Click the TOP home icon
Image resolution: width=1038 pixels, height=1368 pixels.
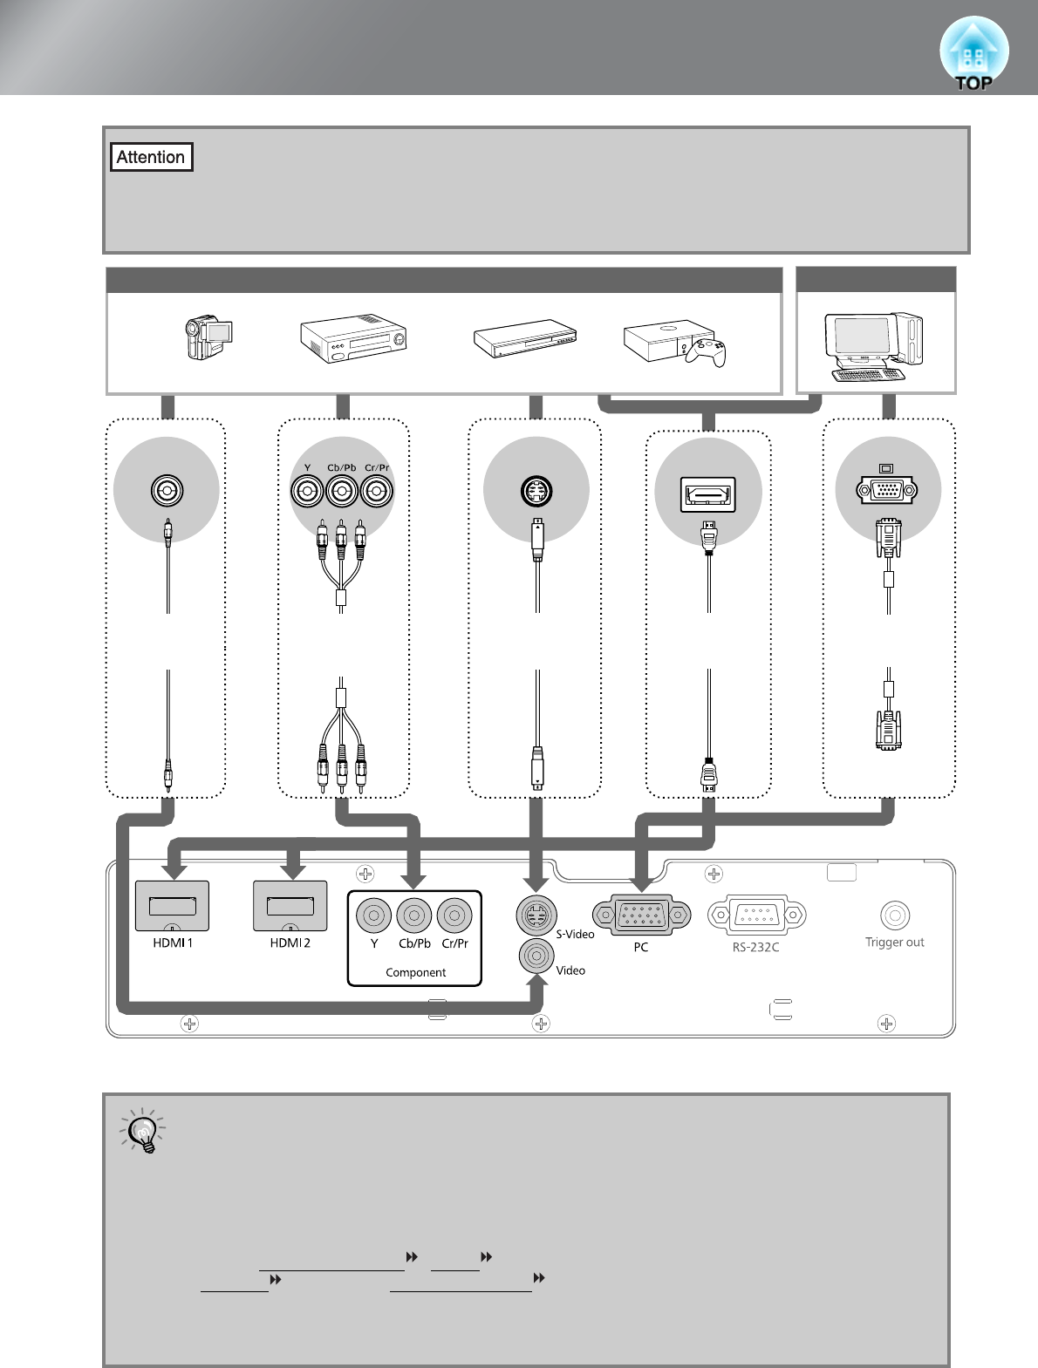coord(973,53)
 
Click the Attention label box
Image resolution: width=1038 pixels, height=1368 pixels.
coord(152,157)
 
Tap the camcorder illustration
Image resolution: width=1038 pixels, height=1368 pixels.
coord(208,337)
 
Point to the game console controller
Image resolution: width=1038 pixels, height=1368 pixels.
coord(706,352)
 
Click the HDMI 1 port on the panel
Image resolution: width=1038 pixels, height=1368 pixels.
coord(172,906)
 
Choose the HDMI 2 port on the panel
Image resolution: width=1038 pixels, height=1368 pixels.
coord(290,906)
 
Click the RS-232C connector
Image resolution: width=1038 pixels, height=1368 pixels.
coord(757,915)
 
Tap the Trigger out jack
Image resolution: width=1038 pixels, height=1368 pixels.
coord(895,915)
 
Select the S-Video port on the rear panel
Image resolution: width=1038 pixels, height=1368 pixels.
coord(536,915)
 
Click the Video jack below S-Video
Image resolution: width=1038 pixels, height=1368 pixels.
coord(536,956)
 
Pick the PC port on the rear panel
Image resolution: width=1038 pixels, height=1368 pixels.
coord(641,915)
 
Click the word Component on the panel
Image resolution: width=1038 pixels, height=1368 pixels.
coord(415,972)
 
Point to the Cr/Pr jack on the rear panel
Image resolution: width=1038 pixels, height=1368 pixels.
coord(454,915)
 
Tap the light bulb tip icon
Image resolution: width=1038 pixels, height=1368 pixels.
coord(143,1131)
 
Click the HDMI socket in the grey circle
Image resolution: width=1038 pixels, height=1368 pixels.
coord(708,495)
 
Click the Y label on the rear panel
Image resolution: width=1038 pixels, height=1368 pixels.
coord(374,943)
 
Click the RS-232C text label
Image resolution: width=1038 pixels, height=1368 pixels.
coord(755,948)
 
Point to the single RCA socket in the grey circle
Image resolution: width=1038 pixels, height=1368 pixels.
coord(167,491)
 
